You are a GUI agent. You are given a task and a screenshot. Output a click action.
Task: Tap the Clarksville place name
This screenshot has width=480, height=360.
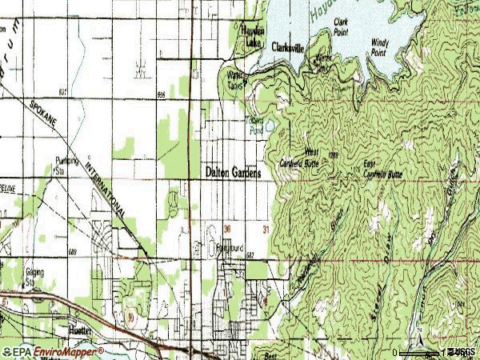[287, 48]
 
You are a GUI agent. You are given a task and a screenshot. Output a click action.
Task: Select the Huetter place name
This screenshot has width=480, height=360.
[81, 330]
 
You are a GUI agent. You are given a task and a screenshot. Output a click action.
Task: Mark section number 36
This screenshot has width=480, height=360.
[227, 228]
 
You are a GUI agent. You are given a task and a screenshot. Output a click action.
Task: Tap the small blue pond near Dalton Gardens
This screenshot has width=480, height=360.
[270, 125]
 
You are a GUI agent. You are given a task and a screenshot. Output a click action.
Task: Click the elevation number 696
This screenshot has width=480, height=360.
[162, 94]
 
